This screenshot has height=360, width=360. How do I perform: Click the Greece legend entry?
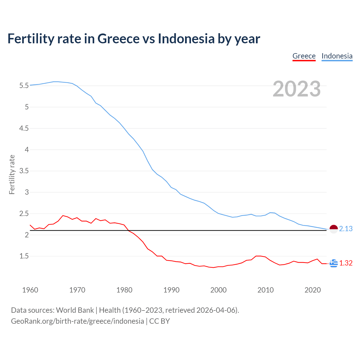[304, 56]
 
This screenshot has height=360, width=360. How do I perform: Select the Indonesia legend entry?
[337, 56]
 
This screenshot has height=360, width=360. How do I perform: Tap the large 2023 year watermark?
[297, 89]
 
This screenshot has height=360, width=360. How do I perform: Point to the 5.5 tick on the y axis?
[24, 85]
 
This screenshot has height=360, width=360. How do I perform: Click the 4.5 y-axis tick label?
[24, 128]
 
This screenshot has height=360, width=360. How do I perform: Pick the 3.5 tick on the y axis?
[24, 171]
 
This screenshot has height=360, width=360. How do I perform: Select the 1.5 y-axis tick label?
[24, 256]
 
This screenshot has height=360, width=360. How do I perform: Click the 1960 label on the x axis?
[30, 290]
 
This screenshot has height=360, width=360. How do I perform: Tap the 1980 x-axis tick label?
[124, 290]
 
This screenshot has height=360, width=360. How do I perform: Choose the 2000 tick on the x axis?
[219, 290]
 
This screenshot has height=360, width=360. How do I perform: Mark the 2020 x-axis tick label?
[312, 290]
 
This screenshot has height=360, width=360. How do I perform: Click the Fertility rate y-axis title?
[12, 174]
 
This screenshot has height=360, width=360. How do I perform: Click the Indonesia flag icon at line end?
[334, 229]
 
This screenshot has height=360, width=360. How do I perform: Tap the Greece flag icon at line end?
[334, 263]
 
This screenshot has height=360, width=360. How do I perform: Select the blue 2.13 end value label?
[346, 229]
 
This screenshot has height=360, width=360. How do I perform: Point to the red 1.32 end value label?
[346, 263]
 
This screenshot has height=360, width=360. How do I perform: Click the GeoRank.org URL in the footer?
[77, 321]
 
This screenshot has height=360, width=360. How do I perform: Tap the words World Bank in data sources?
[75, 310]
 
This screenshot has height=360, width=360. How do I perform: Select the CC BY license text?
[159, 321]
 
